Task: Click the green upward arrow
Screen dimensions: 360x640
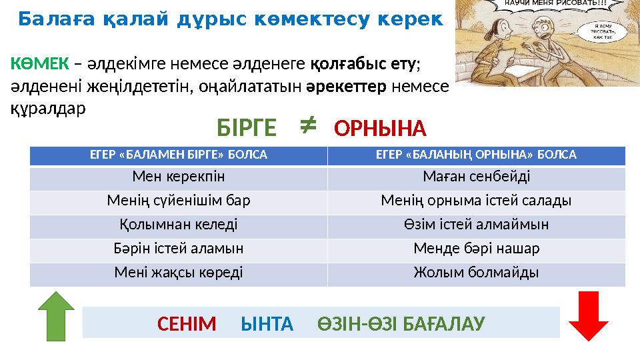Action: click(x=55, y=317)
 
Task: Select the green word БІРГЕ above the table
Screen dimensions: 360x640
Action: click(x=246, y=127)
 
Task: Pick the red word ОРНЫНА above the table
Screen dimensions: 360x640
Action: click(x=379, y=127)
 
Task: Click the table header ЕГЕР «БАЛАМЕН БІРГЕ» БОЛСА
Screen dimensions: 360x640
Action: click(x=179, y=155)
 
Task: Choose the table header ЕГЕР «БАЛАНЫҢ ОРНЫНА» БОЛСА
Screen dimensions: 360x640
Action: click(x=476, y=155)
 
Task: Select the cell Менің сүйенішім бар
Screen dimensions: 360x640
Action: click(x=179, y=201)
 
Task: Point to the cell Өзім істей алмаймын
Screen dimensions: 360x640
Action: click(x=476, y=225)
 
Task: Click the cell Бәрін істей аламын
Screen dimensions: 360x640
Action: click(x=179, y=249)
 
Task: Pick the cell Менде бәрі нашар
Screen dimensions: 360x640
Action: click(x=476, y=249)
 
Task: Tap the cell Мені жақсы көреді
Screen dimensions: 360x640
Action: click(x=179, y=273)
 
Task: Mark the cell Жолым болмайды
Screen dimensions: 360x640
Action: click(x=476, y=273)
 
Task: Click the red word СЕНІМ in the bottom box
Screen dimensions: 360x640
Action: click(x=187, y=324)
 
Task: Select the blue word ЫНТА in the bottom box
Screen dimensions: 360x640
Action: click(x=266, y=324)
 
